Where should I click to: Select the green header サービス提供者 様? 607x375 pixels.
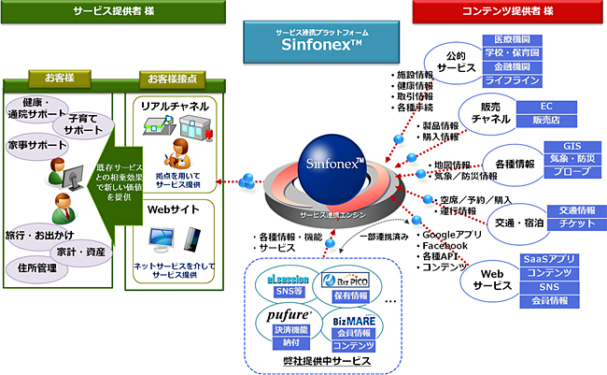[x=111, y=11]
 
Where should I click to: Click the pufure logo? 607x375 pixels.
[x=282, y=316]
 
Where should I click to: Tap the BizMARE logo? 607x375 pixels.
[x=352, y=319]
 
